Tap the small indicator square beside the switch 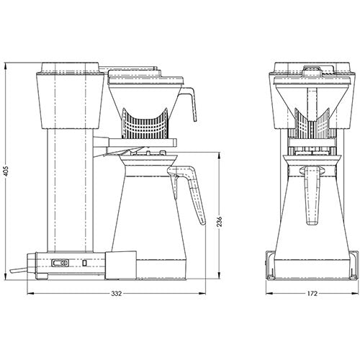pos(84,264)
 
